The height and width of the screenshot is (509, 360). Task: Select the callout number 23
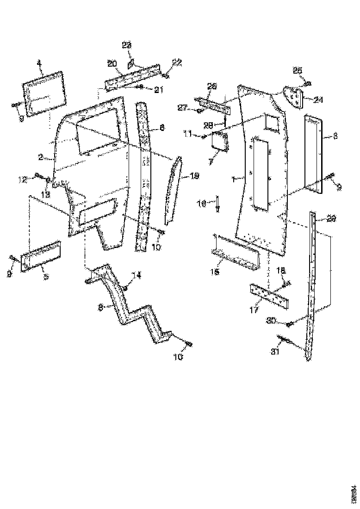(x=126, y=45)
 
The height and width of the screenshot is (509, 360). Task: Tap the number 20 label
(x=112, y=63)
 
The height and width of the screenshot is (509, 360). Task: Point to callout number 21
(x=159, y=90)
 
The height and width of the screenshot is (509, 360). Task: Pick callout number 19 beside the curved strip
(x=195, y=176)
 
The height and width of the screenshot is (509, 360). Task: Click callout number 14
(x=136, y=275)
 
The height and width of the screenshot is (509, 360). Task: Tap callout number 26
(x=212, y=86)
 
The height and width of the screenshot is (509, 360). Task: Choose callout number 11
(x=187, y=134)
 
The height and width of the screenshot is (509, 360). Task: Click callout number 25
(x=297, y=70)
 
